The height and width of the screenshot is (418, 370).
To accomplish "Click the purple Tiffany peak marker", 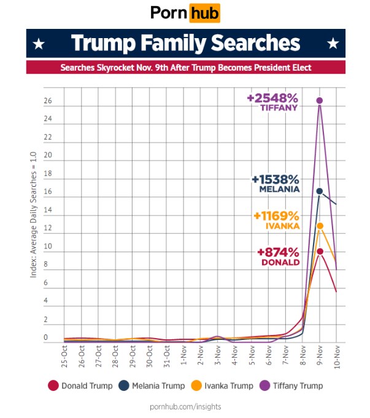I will coord(320,100).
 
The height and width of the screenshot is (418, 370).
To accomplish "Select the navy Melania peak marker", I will coord(320,191).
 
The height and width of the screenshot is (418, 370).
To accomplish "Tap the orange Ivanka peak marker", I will coord(320,226).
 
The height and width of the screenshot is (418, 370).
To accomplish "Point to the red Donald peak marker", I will coord(320,251).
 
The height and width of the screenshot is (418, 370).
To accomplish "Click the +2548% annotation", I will coord(272,98).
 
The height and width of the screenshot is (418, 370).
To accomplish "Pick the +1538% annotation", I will coord(275,180).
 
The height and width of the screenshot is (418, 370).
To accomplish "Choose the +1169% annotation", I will coord(276,216).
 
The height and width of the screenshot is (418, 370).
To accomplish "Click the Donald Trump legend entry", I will coord(80,385).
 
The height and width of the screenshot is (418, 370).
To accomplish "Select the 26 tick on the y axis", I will coord(47,101).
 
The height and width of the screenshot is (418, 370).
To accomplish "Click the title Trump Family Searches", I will coord(185,44).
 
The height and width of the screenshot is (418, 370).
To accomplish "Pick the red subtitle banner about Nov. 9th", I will coord(185,67).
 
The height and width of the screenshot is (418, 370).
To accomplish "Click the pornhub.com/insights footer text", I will coord(185,406).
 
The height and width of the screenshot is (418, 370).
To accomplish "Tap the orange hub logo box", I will coord(204,13).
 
